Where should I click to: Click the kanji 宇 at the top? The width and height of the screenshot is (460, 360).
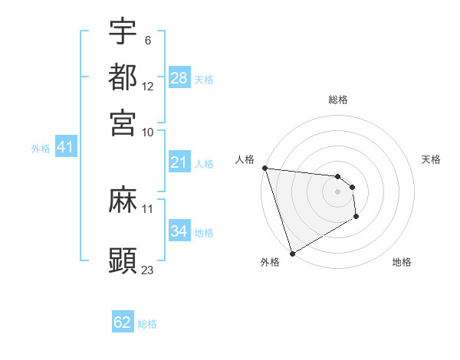123,32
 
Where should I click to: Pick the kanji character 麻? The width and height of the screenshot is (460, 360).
123,201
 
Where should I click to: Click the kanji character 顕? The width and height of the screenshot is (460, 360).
123,259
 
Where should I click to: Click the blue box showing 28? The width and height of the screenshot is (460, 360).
179,78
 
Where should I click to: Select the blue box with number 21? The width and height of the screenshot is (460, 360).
179,162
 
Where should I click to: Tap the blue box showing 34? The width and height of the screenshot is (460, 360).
179,231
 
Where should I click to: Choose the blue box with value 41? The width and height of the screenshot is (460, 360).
64,147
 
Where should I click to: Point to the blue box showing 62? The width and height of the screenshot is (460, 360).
123,322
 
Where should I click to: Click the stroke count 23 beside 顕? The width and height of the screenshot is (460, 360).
147,270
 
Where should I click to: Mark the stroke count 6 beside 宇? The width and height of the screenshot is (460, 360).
148,40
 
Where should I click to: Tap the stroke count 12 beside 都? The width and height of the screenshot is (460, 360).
148,86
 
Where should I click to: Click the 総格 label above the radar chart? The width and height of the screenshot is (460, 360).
338,100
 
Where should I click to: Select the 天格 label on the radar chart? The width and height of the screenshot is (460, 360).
431,159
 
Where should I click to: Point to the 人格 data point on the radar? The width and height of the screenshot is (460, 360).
264,168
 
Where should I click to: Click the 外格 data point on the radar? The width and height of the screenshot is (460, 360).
292,254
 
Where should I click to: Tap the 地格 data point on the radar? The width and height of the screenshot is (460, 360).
356,218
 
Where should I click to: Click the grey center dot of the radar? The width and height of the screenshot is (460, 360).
338,191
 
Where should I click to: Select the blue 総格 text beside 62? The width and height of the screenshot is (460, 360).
147,324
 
